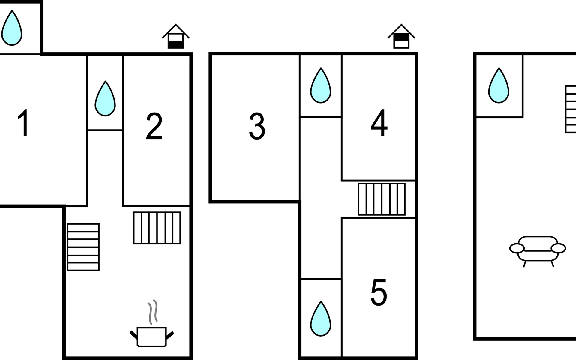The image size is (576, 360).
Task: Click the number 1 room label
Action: point(23,123)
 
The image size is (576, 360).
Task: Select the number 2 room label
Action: point(154,126)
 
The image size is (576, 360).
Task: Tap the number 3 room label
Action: point(257,126)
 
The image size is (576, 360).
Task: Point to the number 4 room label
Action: point(379,123)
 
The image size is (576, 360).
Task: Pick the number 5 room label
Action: point(379,293)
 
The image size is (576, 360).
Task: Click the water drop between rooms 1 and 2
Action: point(105,99)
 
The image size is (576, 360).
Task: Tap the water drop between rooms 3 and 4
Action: point(320,86)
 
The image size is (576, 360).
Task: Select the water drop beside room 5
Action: point(320,319)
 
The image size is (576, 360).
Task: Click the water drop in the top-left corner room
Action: point(12,28)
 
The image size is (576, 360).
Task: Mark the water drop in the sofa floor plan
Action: point(499,86)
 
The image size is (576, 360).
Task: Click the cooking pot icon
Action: point(151,337)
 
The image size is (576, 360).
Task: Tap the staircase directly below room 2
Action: point(157,228)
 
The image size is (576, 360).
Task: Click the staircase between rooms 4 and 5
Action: point(382,199)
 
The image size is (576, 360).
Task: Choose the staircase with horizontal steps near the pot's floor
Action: point(83,247)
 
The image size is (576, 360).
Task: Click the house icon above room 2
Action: point(175,37)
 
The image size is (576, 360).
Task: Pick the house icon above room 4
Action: point(401,37)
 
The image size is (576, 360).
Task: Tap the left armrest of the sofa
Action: point(517,248)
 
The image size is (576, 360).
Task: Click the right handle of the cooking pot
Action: point(170,335)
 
